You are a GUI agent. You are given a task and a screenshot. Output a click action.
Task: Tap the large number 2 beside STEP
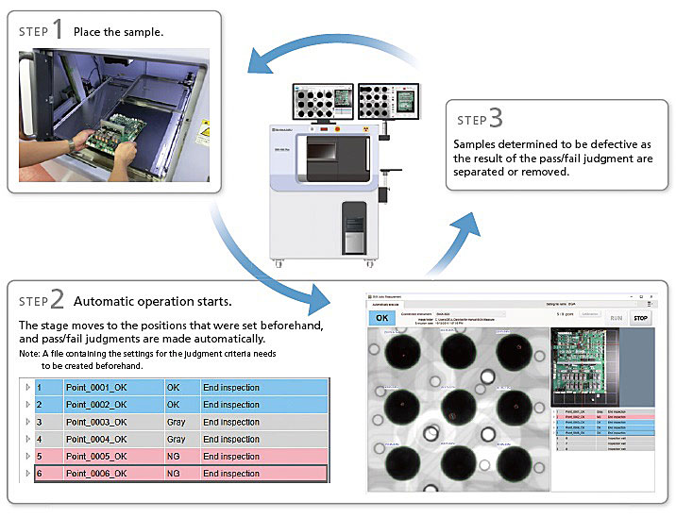click(58, 300)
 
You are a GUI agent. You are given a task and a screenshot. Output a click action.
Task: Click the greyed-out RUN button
click(616, 319)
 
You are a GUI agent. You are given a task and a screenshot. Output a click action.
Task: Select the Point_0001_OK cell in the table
click(95, 388)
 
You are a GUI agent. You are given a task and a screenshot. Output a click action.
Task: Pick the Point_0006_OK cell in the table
click(95, 474)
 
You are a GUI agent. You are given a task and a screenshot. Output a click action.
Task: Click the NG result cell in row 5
click(176, 457)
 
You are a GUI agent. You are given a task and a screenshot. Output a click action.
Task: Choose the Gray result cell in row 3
click(176, 422)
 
